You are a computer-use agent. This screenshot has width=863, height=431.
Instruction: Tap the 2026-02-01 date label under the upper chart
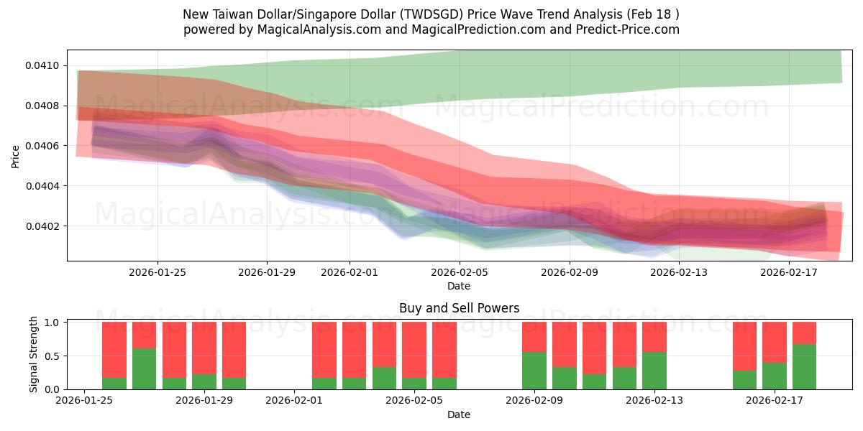pos(350,272)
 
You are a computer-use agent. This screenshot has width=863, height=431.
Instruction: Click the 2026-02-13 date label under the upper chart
pos(679,272)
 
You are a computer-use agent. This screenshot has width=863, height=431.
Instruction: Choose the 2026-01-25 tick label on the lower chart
pos(85,400)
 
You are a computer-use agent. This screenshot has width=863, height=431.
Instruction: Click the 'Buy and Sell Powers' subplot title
pos(459,309)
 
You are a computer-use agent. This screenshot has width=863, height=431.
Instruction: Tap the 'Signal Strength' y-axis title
pos(34,355)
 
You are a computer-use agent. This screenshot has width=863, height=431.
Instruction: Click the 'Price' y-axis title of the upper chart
pos(16,155)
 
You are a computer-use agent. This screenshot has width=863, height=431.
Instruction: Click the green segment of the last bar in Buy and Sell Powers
pos(804,367)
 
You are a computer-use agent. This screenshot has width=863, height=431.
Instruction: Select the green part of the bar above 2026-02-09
pos(534,371)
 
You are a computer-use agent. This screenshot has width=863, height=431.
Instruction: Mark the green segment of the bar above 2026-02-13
pos(654,371)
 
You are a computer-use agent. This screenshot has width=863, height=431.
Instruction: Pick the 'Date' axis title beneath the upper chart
pos(459,286)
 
